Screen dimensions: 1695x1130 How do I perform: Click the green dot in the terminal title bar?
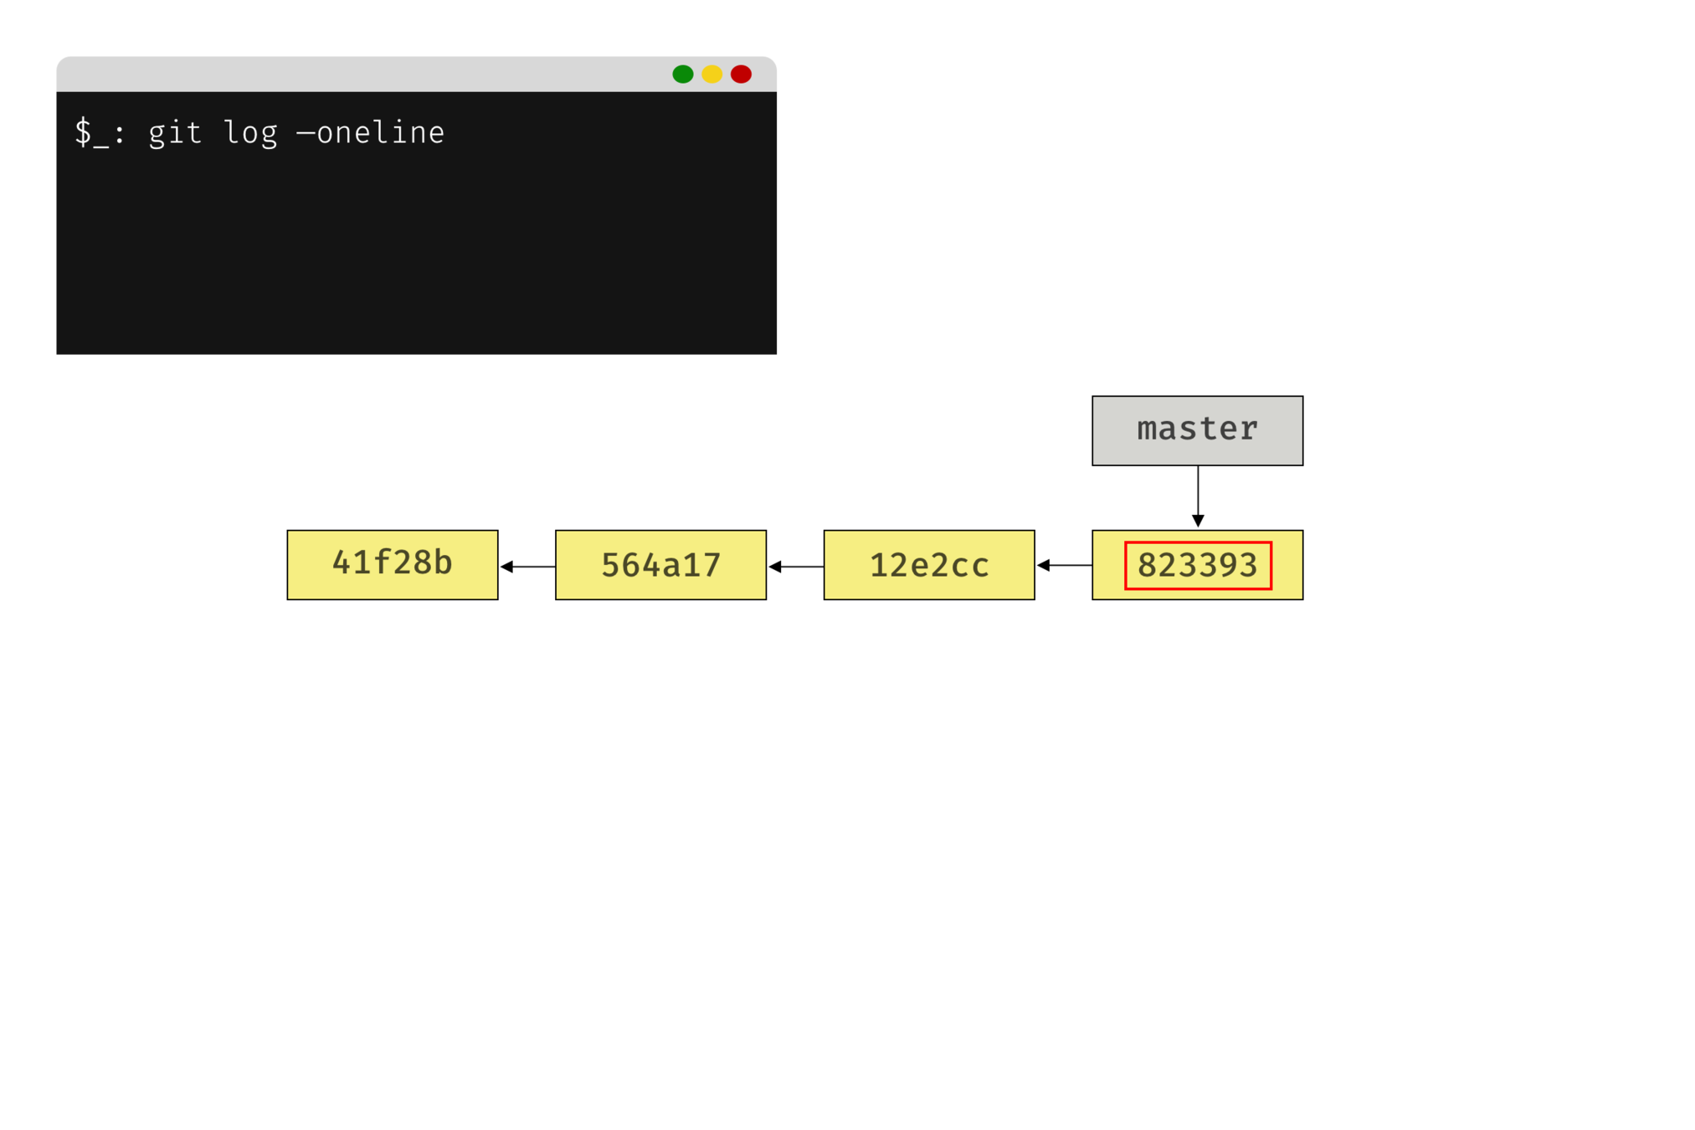pos(682,74)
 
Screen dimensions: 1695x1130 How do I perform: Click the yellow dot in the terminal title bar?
pos(711,74)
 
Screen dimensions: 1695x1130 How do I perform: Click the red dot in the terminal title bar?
pos(741,74)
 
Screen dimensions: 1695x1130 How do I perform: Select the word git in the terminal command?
pos(175,133)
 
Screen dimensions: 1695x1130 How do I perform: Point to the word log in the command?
pos(250,133)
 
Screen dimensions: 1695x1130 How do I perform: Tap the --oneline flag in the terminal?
pos(370,133)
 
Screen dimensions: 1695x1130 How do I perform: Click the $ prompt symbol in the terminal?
pos(83,132)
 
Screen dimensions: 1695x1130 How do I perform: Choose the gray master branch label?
pos(1197,430)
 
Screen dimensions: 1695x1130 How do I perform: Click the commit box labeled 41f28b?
pos(392,564)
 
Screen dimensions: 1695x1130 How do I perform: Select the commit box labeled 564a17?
pos(660,565)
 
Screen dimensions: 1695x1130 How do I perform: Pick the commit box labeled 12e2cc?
pos(929,565)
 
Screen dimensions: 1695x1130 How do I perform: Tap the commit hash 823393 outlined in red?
pos(1197,566)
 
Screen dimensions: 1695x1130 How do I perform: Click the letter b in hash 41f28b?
pos(443,562)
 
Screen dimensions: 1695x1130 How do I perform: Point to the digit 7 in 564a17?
pos(711,566)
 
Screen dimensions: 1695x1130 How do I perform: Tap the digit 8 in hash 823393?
pos(1148,566)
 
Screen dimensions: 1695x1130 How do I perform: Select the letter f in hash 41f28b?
pos(382,562)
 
